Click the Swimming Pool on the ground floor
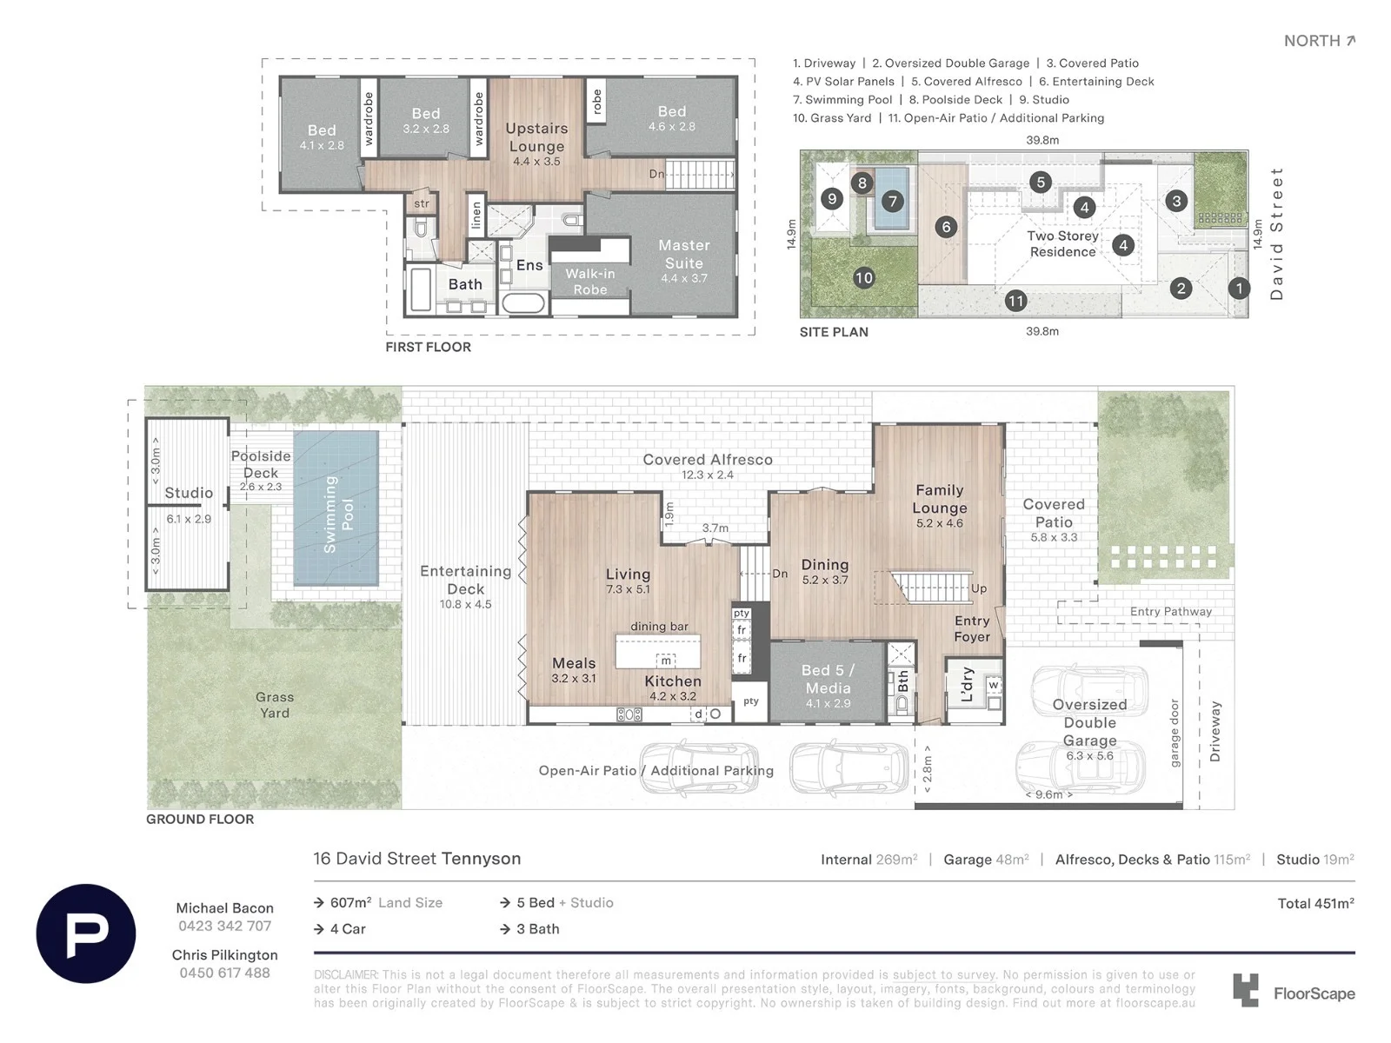[x=336, y=508]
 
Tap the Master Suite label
[x=684, y=254]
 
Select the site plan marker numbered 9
[x=831, y=199]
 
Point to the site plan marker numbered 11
[x=1015, y=301]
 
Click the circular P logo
[x=85, y=933]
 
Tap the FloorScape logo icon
[x=1245, y=990]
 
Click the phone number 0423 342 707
[x=225, y=926]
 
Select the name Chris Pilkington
[x=225, y=955]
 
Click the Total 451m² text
[x=1315, y=904]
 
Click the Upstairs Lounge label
[x=536, y=137]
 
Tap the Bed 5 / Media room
[x=827, y=682]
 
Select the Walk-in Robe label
[x=590, y=281]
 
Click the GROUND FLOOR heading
[x=200, y=819]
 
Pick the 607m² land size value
[x=350, y=902]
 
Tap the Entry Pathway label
[x=1171, y=611]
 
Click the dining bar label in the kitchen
[x=659, y=627]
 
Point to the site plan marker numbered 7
[x=892, y=202]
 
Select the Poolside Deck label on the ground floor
[x=261, y=464]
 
